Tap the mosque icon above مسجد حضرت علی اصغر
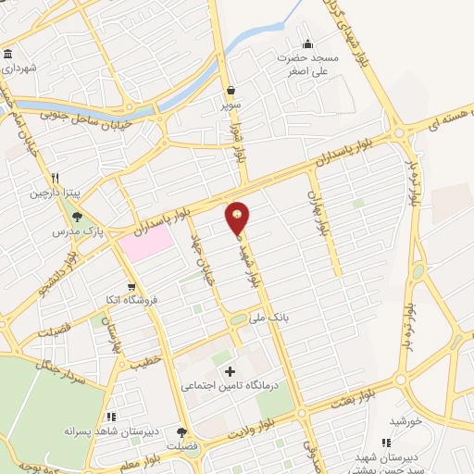(x=308, y=44)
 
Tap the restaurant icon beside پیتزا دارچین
(x=56, y=178)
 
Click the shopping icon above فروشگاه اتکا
(x=132, y=287)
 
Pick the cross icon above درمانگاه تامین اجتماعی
(x=231, y=370)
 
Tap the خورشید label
(x=405, y=420)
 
